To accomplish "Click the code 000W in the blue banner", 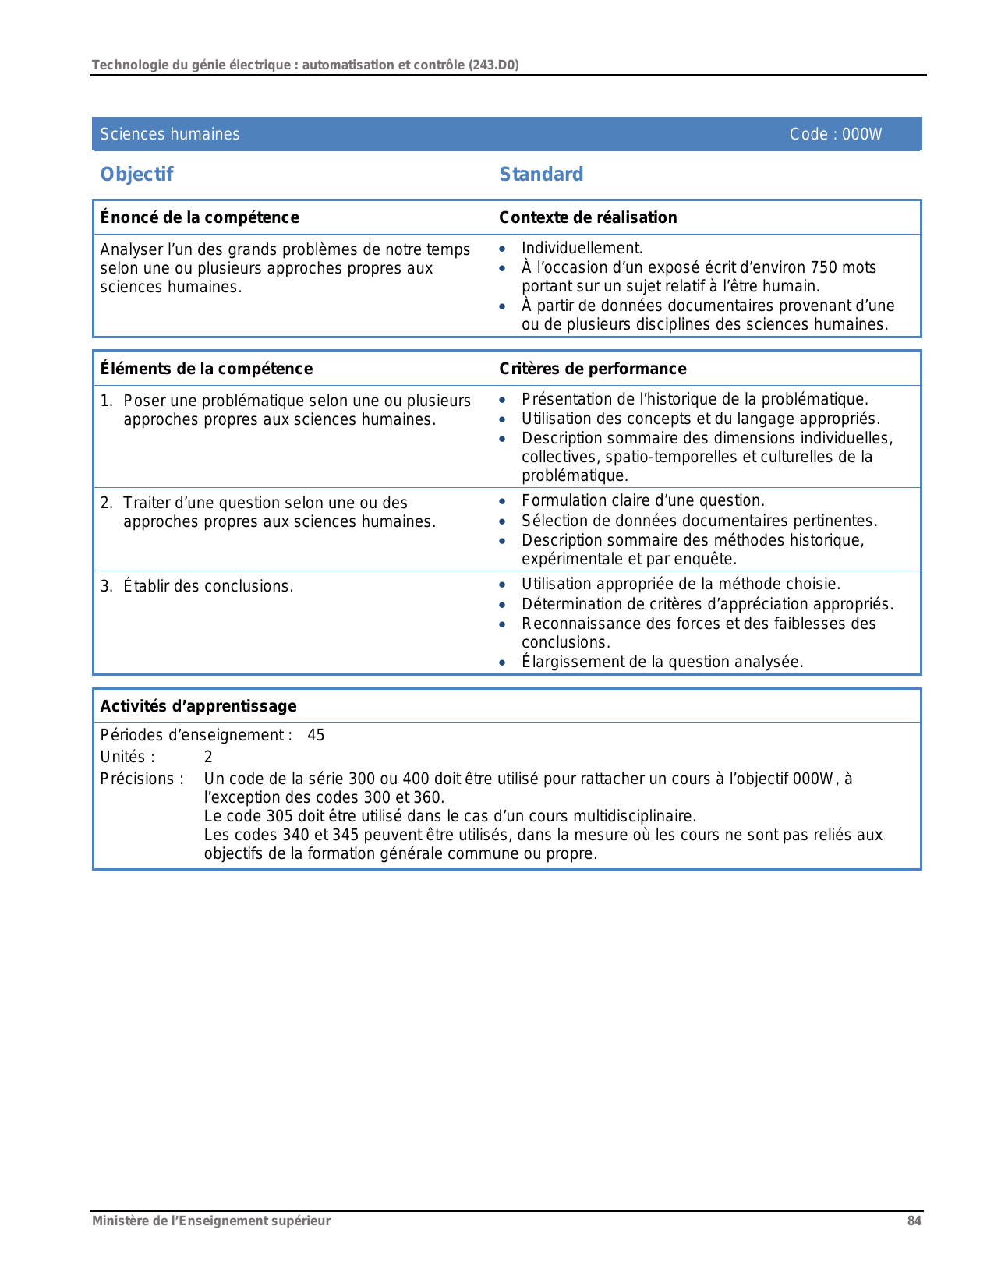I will (861, 134).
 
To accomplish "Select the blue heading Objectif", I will (136, 174).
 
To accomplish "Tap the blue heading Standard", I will (541, 174).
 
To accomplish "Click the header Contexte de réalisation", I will (588, 217).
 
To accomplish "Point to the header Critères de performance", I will (593, 369).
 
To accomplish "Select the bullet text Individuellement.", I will (582, 248).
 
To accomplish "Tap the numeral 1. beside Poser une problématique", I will (107, 401).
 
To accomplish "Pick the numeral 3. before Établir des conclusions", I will (107, 586).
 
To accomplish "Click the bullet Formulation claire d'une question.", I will (642, 500).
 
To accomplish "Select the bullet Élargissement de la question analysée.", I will (662, 662).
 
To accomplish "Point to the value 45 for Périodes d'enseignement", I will (316, 735).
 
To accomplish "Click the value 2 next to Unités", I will (208, 757).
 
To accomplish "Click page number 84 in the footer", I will (914, 1221).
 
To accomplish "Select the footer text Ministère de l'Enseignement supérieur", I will (211, 1221).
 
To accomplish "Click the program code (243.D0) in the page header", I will (493, 65).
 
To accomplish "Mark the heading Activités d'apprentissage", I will (198, 706).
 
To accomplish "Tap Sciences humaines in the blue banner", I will (170, 134).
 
